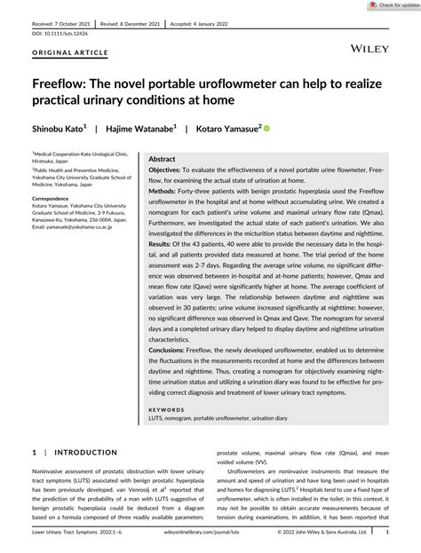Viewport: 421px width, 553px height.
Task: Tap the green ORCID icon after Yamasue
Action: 267,129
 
